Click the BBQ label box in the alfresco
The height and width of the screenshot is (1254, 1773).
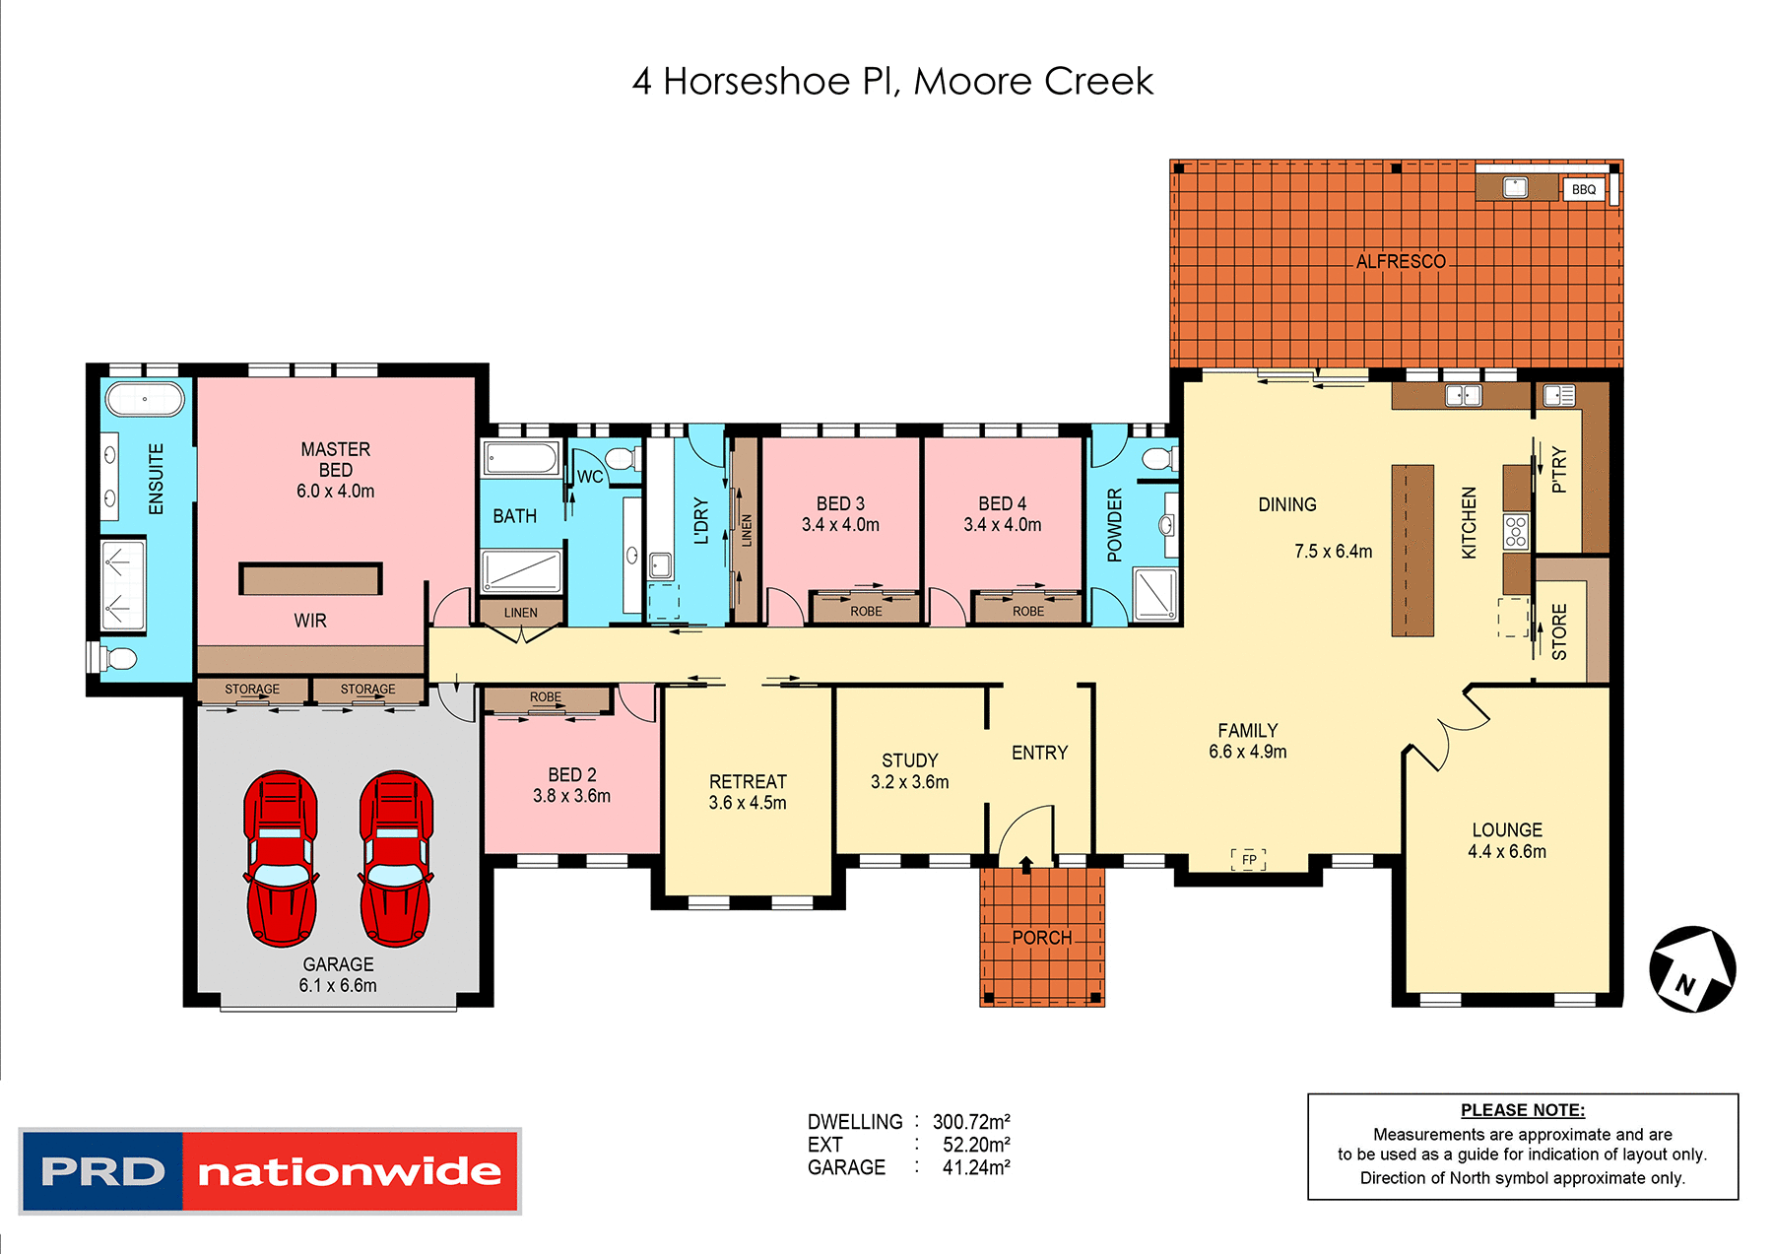[1583, 189]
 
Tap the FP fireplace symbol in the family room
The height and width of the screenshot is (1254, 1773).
[1249, 859]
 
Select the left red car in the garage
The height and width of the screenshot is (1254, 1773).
[281, 858]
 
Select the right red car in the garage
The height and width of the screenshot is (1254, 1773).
[396, 858]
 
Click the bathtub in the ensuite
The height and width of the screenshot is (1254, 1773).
[145, 400]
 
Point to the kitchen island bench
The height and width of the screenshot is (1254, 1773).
[1412, 551]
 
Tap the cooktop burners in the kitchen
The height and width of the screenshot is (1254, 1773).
[1515, 531]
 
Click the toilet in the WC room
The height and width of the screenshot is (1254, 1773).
[620, 458]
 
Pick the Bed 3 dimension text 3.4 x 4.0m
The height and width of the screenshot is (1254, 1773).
[840, 525]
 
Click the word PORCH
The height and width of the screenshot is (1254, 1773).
[1041, 938]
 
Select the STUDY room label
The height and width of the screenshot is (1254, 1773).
[909, 760]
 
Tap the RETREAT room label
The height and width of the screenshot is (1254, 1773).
[748, 781]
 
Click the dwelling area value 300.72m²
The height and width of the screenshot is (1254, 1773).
[971, 1122]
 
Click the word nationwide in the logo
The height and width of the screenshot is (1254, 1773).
[350, 1171]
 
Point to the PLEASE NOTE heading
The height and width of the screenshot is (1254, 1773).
[1522, 1110]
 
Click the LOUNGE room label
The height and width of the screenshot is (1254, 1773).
[1507, 830]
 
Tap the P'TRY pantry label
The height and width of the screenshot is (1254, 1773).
[1558, 469]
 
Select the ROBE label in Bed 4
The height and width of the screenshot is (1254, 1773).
[1027, 612]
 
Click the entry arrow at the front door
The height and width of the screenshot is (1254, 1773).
[1025, 865]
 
